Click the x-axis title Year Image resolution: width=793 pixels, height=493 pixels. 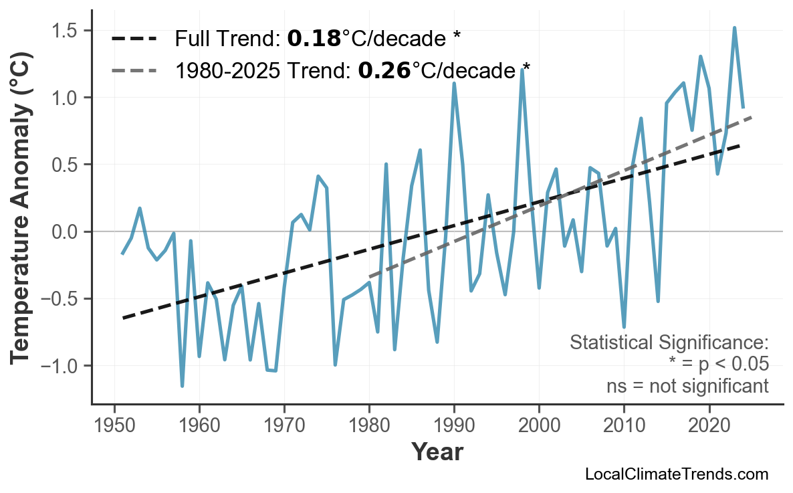click(x=437, y=452)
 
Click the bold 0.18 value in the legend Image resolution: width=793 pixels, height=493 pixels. click(x=314, y=39)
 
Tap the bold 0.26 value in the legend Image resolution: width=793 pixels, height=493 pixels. click(x=384, y=70)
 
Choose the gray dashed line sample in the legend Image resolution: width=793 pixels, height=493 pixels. click(x=134, y=70)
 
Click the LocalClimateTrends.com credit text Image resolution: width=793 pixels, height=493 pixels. click(x=677, y=474)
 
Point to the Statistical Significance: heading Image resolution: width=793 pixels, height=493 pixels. click(x=669, y=342)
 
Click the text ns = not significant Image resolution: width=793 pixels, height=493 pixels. click(x=687, y=386)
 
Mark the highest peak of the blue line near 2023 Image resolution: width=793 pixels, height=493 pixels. click(x=734, y=28)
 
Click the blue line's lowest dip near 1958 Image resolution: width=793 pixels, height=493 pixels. click(x=182, y=386)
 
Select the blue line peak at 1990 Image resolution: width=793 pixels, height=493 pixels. click(x=454, y=84)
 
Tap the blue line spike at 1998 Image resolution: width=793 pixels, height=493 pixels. click(x=522, y=70)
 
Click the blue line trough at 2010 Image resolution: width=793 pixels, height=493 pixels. click(x=624, y=327)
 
